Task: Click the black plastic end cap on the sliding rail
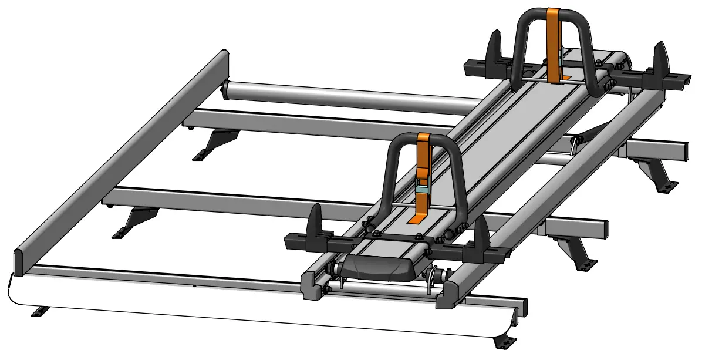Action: tap(376, 268)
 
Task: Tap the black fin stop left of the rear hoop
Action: tap(494, 48)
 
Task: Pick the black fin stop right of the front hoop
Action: tap(481, 235)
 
